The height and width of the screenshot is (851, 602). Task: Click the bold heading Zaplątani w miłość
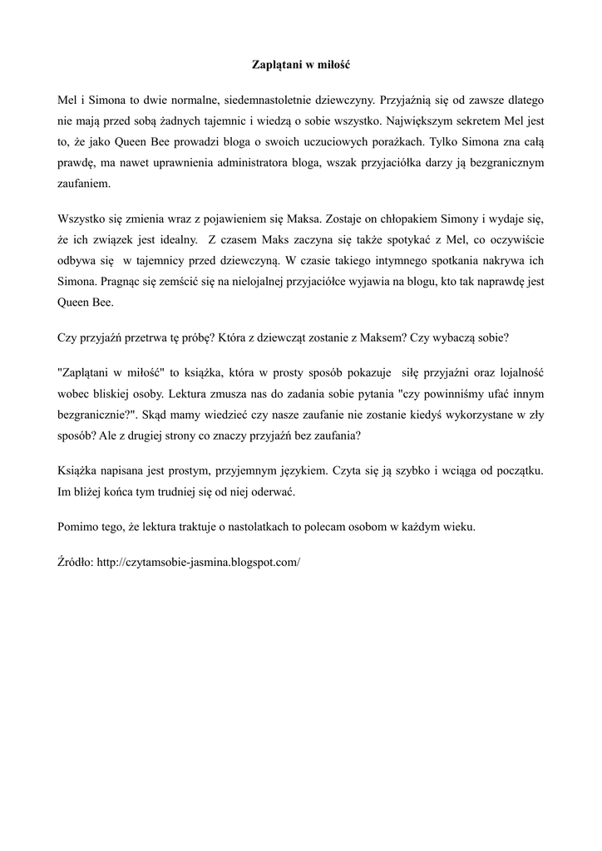(x=301, y=63)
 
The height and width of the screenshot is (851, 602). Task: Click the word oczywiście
(x=516, y=240)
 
